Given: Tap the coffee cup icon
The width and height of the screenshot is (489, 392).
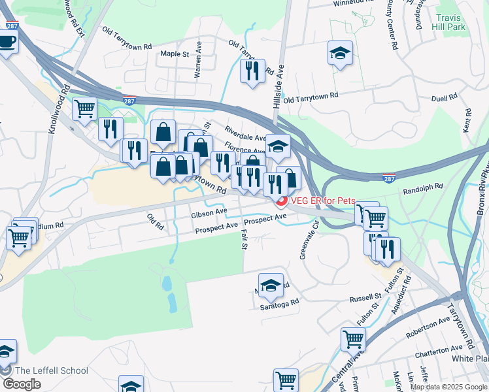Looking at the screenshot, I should coord(7,42).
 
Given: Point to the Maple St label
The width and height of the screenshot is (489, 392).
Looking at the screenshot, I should coord(175,54).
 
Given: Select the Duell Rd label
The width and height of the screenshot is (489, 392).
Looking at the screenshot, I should coord(445,98).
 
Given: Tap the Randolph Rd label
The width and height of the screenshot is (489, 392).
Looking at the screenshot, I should coord(423,188).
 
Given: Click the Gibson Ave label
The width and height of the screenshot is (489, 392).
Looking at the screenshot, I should coord(209,212).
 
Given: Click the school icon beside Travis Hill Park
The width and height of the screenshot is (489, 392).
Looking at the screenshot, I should coord(339,54).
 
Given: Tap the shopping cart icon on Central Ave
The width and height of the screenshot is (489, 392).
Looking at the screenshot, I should coord(352,340).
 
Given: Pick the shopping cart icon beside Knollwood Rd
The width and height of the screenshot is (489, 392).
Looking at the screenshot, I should coord(84,109).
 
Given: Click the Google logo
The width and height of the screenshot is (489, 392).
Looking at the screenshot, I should coord(22,384).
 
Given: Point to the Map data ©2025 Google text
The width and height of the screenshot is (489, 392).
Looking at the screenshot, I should coord(448,387).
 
